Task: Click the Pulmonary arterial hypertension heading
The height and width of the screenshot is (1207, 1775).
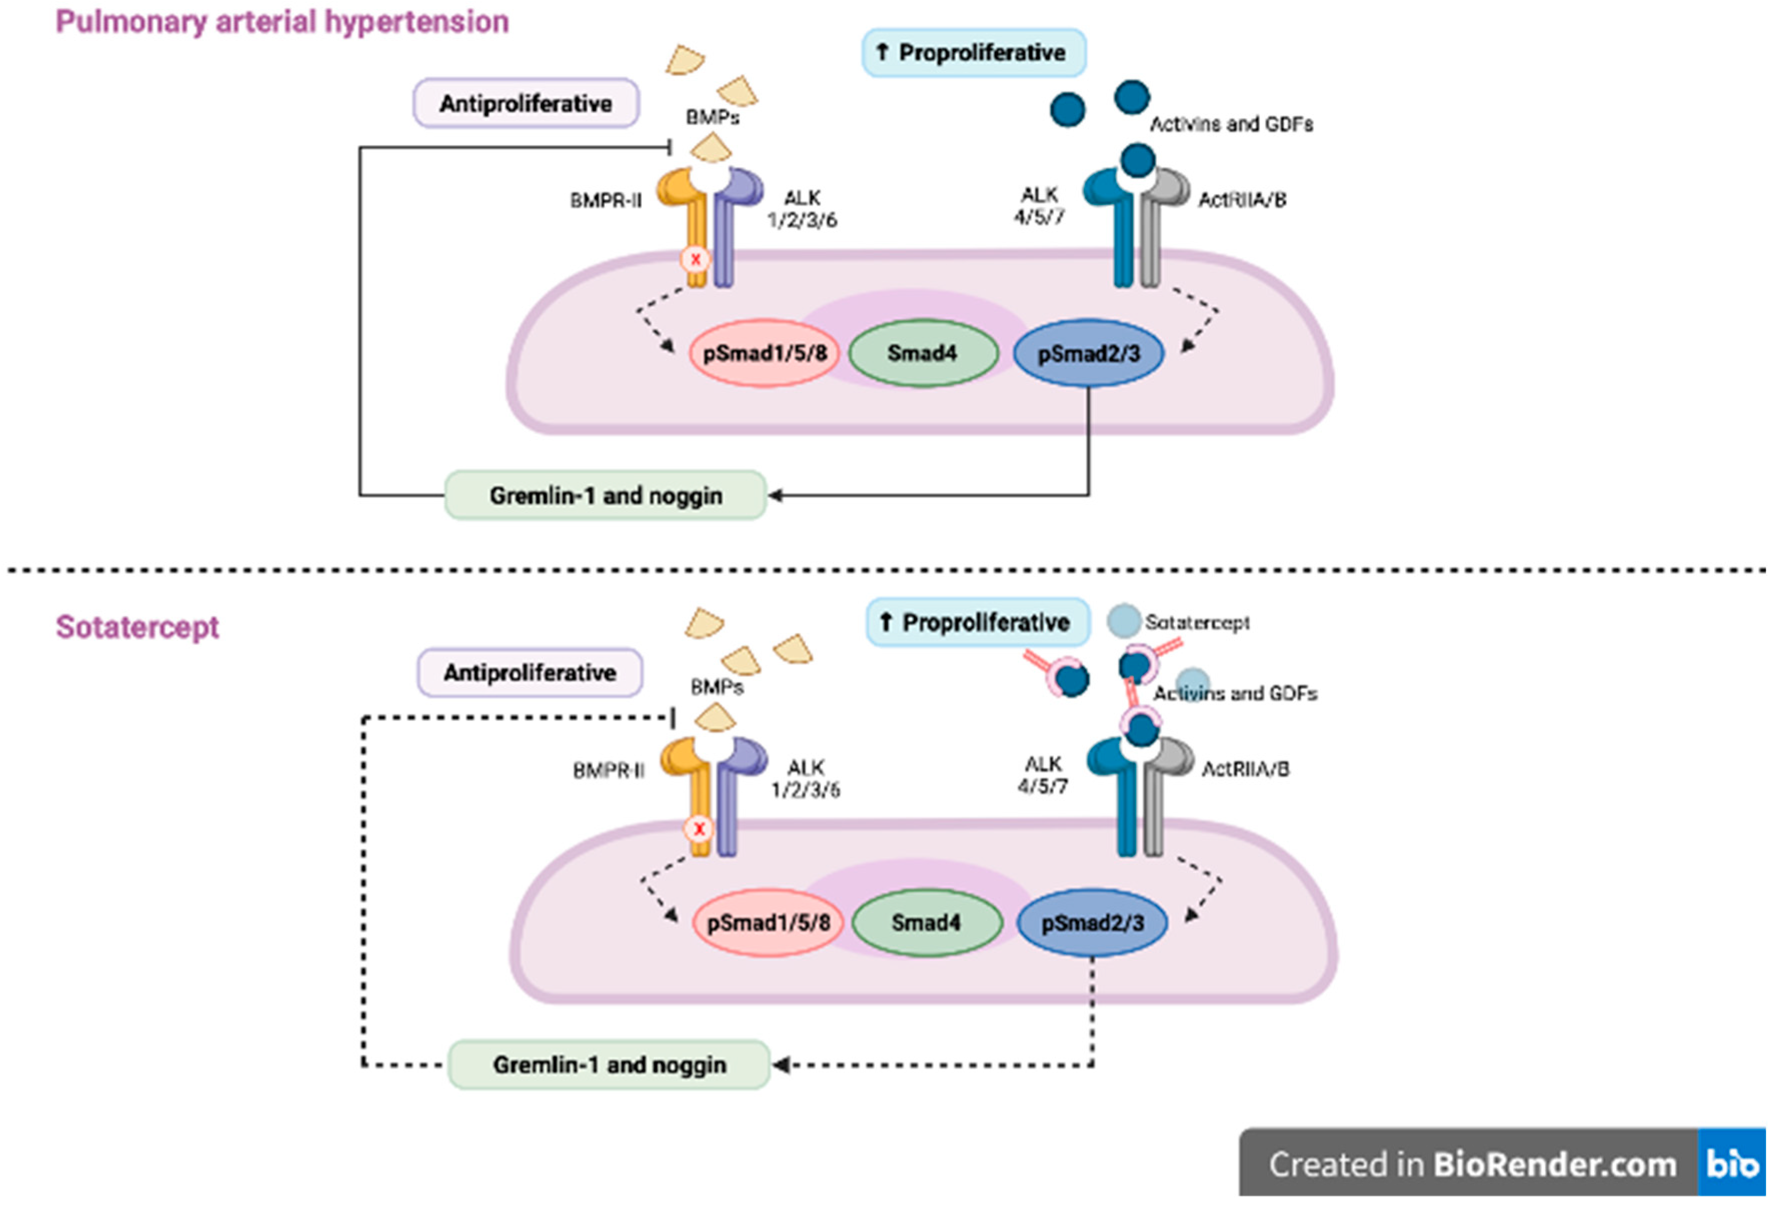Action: click(x=282, y=21)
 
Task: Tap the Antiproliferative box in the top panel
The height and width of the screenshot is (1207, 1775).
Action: click(x=525, y=103)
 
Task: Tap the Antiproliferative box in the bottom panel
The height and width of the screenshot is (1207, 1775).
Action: click(x=529, y=673)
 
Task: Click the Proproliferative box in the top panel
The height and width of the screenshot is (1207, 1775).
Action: click(x=974, y=52)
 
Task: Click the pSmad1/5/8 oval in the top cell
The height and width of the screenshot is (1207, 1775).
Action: click(x=764, y=353)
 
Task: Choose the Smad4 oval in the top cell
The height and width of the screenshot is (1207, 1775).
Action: click(x=922, y=353)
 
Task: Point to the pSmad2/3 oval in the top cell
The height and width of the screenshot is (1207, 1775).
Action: click(x=1088, y=353)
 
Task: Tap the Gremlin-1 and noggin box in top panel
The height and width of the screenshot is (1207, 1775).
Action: click(x=605, y=495)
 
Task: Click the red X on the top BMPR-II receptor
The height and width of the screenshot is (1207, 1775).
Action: click(x=695, y=259)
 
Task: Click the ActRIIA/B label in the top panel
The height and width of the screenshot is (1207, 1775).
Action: click(x=1242, y=200)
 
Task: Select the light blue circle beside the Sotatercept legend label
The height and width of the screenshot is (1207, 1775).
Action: click(x=1123, y=621)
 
